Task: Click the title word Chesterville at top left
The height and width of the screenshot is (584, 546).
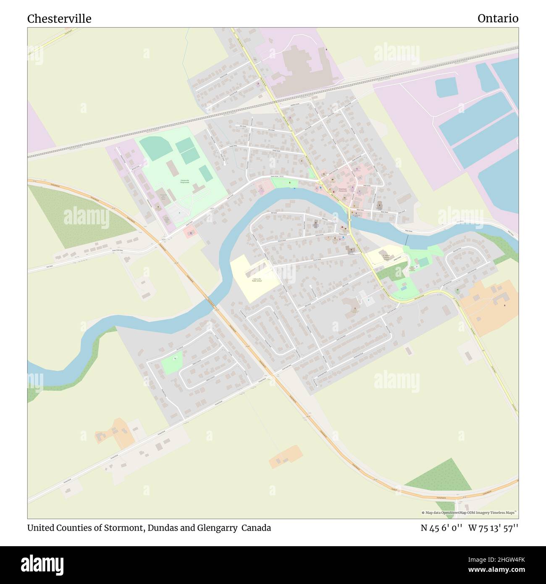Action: pyautogui.click(x=59, y=19)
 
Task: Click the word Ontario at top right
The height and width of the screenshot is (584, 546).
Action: pyautogui.click(x=498, y=18)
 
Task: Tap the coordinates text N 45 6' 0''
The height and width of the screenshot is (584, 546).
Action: pyautogui.click(x=441, y=528)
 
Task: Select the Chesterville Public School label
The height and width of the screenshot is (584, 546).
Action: pyautogui.click(x=257, y=279)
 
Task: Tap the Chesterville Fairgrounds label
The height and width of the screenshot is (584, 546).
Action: pyautogui.click(x=185, y=182)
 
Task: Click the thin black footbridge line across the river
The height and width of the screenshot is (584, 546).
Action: pyautogui.click(x=407, y=240)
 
